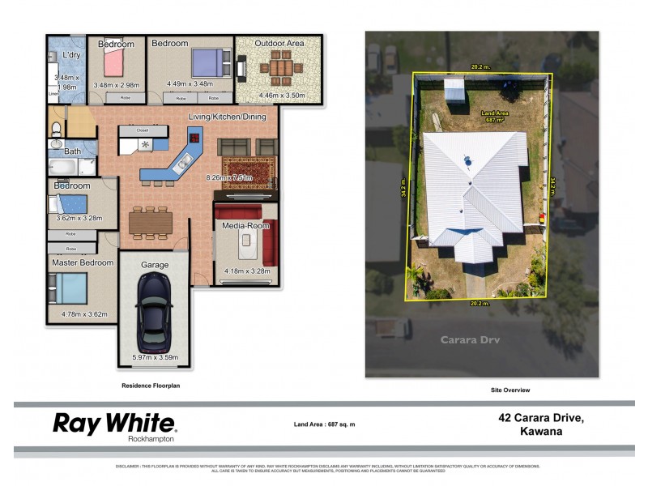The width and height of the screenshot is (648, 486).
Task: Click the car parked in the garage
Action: pos(155,311)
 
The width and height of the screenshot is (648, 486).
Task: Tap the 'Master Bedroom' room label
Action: pos(82,263)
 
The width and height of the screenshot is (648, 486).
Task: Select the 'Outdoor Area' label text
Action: pos(279,43)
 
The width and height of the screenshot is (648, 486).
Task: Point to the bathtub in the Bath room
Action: pos(63,168)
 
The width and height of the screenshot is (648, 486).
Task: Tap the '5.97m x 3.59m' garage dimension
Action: pos(154,356)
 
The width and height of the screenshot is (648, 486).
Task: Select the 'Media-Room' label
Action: pos(245,225)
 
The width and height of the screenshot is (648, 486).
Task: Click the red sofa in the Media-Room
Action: pos(269,242)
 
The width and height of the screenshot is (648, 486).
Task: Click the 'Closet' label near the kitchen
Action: pos(143,129)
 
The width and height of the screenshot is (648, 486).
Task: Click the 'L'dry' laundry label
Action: pos(71,55)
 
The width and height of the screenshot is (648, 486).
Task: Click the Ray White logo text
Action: pos(113,423)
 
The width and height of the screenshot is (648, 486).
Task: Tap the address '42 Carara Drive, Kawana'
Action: pos(540,424)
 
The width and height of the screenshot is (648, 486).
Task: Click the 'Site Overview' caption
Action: pos(510,390)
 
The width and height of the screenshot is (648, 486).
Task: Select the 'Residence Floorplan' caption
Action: pos(151,386)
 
